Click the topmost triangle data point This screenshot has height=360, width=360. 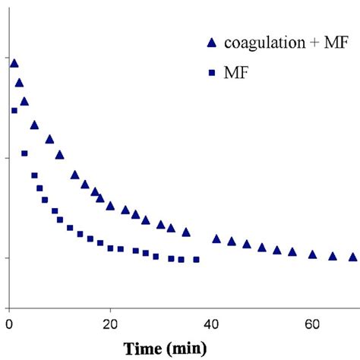(x=14, y=64)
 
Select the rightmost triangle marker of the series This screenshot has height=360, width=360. (x=352, y=257)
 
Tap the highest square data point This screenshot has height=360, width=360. (x=14, y=110)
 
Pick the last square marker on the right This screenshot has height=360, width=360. (x=196, y=260)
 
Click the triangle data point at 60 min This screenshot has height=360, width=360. (x=312, y=254)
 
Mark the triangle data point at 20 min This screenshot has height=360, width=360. (x=110, y=206)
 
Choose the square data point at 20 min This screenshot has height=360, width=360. (x=110, y=248)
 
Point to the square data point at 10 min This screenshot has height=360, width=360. (x=59, y=220)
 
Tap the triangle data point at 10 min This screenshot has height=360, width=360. (x=59, y=154)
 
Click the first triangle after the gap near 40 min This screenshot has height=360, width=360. (x=216, y=238)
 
